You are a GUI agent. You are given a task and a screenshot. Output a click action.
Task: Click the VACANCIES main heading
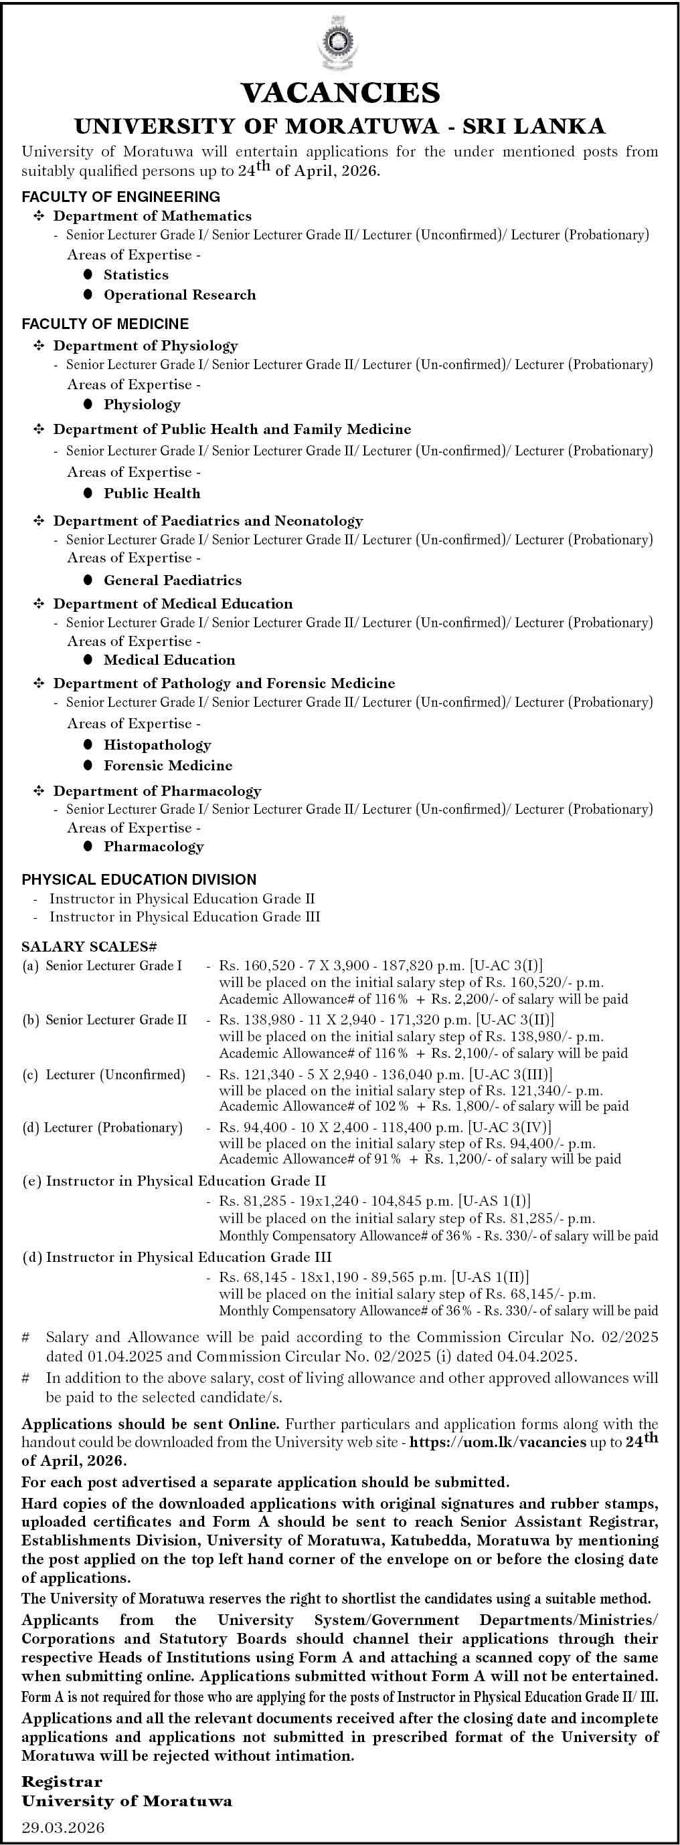(x=339, y=93)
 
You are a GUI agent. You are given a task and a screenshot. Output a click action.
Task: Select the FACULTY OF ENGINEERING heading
(x=121, y=196)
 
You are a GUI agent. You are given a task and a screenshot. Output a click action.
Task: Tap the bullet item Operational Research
(x=179, y=294)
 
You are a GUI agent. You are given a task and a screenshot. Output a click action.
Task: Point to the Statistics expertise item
(x=136, y=274)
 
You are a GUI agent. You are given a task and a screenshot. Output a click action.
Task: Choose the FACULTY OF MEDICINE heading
(x=105, y=324)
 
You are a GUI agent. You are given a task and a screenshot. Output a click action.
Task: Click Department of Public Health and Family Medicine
(x=232, y=429)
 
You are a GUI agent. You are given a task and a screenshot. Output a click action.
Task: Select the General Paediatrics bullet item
(x=173, y=580)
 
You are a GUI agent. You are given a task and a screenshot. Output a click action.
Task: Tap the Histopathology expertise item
(x=158, y=745)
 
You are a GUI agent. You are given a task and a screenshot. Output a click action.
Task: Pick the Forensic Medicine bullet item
(x=169, y=766)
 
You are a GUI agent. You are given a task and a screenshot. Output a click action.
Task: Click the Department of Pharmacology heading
(x=157, y=790)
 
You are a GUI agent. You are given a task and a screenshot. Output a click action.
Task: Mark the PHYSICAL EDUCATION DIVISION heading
(x=139, y=879)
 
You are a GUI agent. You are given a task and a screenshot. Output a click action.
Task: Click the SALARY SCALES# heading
(x=90, y=946)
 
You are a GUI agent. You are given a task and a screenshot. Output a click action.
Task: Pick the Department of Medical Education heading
(x=173, y=604)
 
